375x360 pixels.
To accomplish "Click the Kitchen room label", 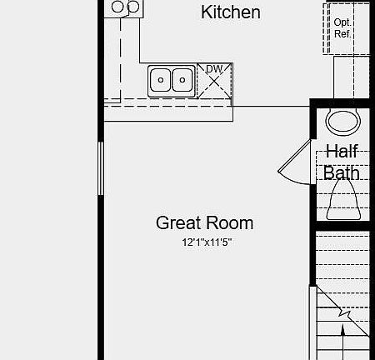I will (x=231, y=12).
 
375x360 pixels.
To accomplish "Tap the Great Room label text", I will (x=204, y=223).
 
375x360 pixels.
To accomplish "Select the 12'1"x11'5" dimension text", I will (x=205, y=242).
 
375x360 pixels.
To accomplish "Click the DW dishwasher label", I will (x=213, y=68).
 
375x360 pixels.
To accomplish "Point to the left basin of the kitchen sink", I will (x=162, y=81).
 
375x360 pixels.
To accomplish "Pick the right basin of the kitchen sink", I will (x=181, y=81).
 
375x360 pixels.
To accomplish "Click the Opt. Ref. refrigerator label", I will (x=342, y=28).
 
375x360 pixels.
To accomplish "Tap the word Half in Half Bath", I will (x=342, y=152).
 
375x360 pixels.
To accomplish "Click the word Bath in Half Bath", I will (x=342, y=173).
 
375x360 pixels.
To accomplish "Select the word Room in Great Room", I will (x=229, y=223).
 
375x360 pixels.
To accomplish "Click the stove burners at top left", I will (x=125, y=7).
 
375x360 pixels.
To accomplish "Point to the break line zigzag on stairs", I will (x=342, y=315).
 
